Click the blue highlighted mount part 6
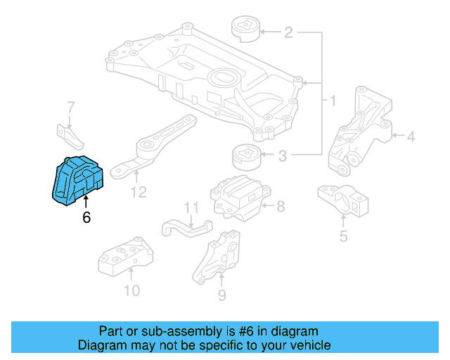point(78,180)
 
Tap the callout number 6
point(86,217)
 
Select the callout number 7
point(70,107)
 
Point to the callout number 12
point(139,191)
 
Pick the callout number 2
point(288,32)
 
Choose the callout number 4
point(411,137)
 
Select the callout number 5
point(343,236)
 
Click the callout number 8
point(280,206)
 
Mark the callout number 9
point(221,295)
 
